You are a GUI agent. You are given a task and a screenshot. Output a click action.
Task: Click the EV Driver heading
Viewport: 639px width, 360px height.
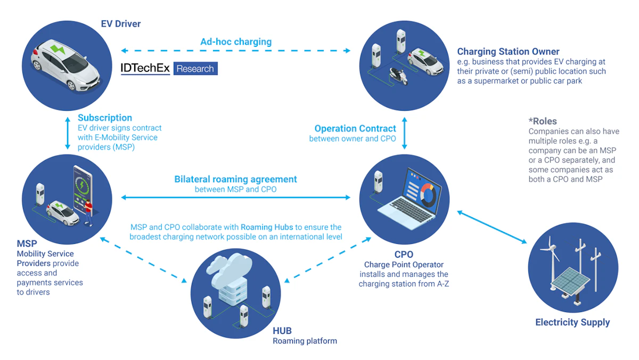[121, 24]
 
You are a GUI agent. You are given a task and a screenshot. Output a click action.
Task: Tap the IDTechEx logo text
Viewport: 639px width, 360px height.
[145, 69]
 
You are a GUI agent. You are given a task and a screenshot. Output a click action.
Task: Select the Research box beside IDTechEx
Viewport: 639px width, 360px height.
[195, 69]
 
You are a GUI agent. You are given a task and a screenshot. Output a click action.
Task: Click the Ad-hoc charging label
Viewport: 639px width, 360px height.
[236, 42]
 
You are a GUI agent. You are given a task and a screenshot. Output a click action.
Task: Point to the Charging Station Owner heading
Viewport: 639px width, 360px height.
[508, 52]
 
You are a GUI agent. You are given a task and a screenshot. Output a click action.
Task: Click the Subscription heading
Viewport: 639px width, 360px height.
[105, 118]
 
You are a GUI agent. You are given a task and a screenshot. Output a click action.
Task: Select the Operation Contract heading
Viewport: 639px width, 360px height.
[355, 128]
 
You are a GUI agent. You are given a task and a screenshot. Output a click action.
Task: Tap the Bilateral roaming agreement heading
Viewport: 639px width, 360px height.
[235, 179]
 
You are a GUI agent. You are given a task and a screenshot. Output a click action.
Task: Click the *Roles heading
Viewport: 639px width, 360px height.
[542, 121]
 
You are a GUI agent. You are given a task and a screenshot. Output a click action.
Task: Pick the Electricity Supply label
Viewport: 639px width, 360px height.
[572, 322]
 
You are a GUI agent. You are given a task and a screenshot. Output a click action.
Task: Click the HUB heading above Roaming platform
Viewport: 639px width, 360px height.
[282, 331]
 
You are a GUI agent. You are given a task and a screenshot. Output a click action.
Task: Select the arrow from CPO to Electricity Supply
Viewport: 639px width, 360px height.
[490, 228]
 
